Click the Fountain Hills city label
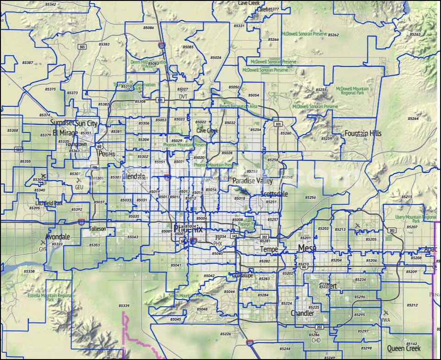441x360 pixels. (x=363, y=133)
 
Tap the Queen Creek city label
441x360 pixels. (x=403, y=348)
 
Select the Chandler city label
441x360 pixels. (x=302, y=313)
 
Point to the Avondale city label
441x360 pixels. (x=58, y=237)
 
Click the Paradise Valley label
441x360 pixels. (x=252, y=180)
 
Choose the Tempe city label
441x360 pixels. (x=269, y=249)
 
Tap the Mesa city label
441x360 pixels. (x=307, y=248)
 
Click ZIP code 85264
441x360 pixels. (x=413, y=119)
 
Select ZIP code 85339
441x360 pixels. (x=124, y=305)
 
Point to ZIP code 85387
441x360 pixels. (x=28, y=62)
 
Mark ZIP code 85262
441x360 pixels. (x=333, y=35)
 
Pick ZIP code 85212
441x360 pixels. (x=412, y=305)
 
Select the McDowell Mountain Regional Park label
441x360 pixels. (x=352, y=90)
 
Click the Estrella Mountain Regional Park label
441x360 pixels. (x=50, y=298)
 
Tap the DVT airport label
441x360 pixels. (x=183, y=96)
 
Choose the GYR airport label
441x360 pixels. (x=43, y=250)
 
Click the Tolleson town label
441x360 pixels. (x=98, y=229)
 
